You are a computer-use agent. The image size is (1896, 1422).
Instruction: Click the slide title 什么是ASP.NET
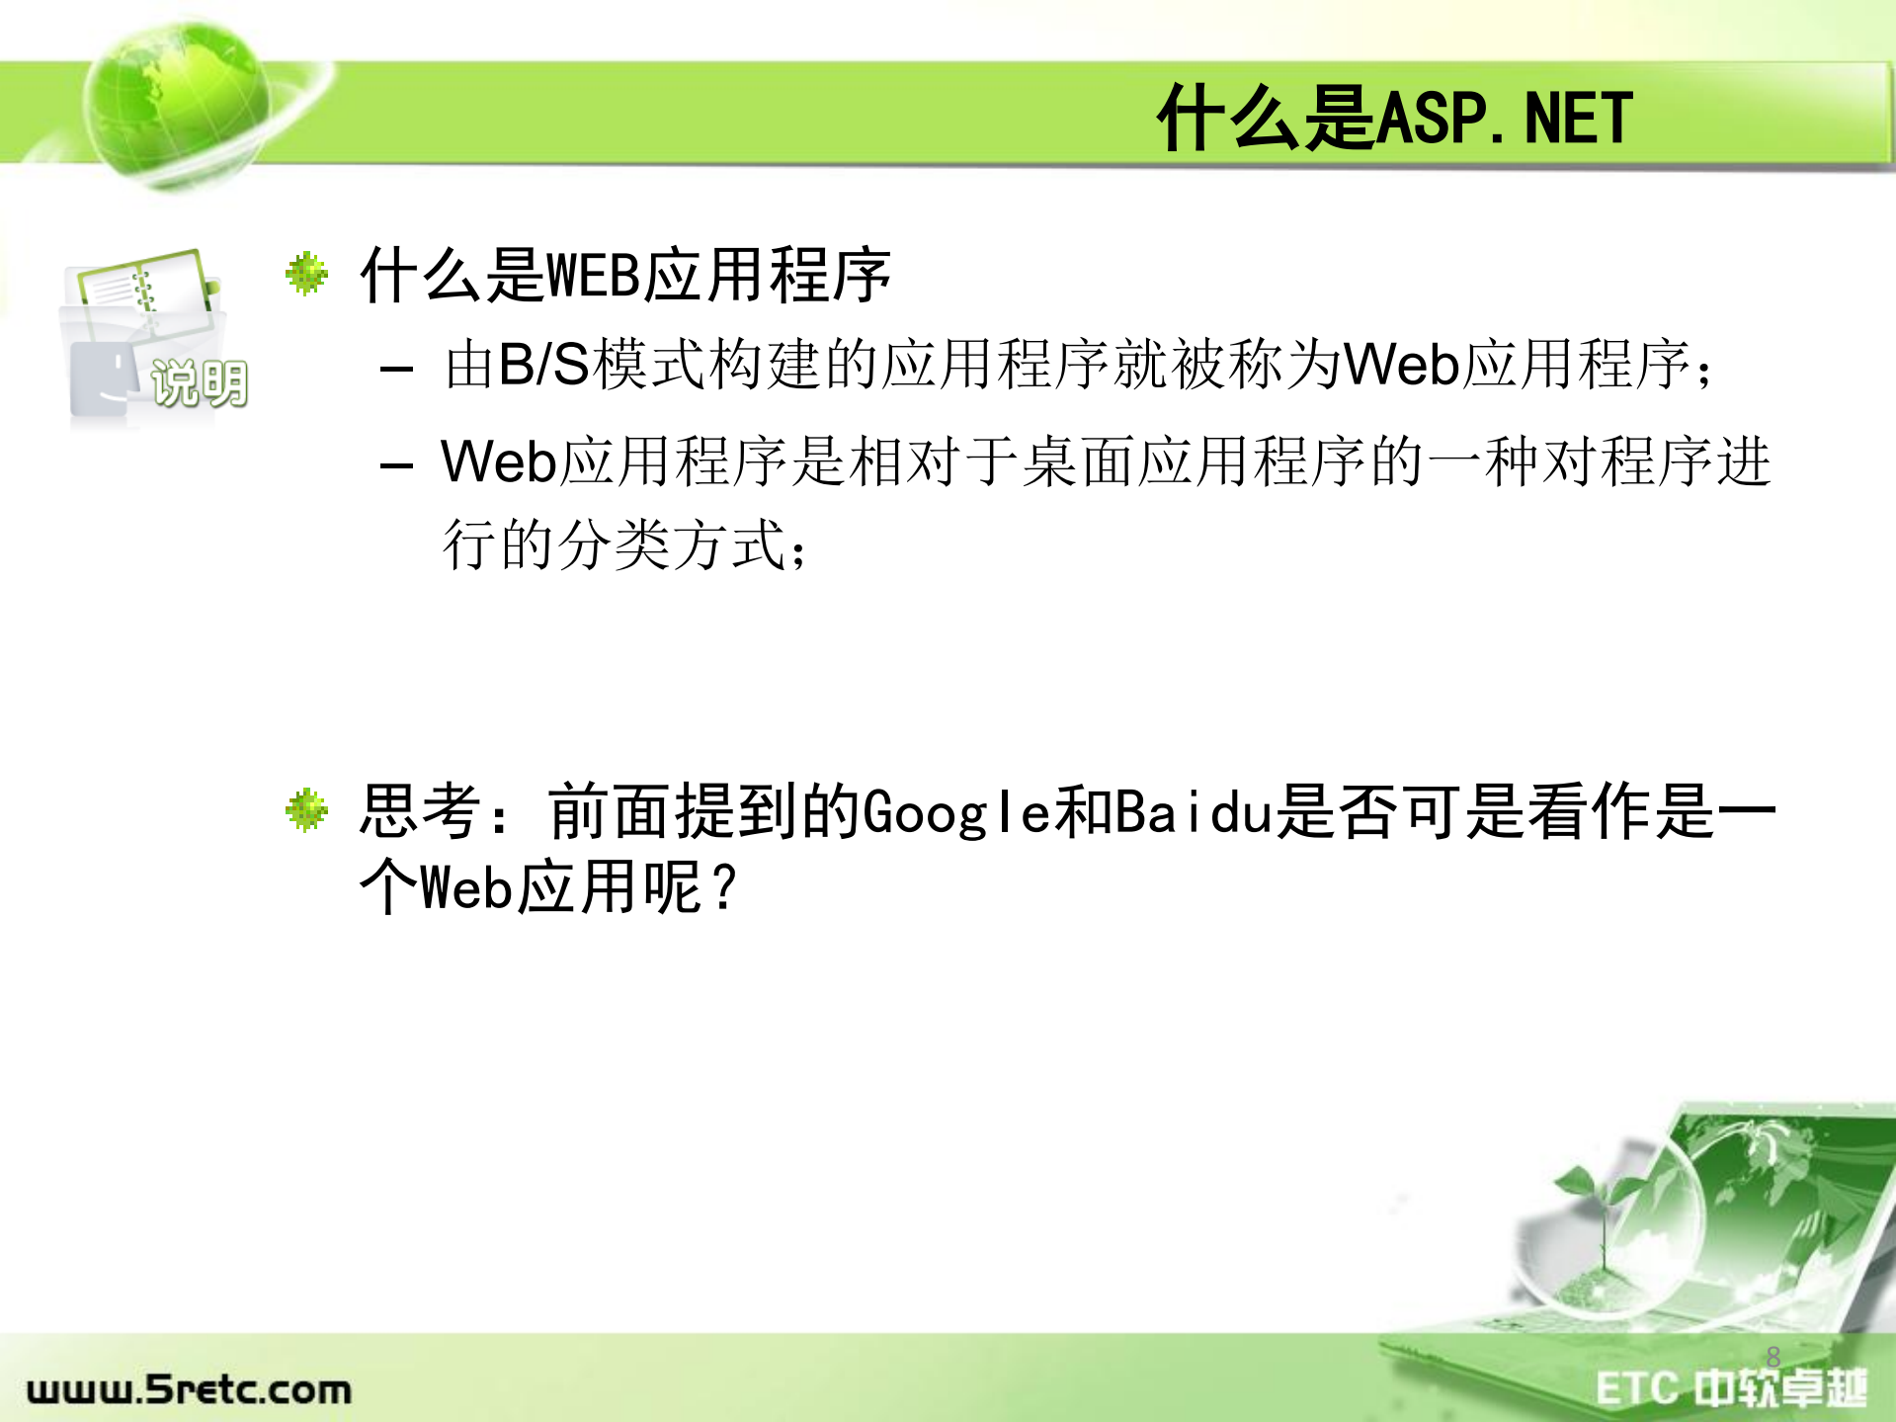[x=1393, y=119]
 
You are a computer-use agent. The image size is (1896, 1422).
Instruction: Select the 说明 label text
[x=199, y=383]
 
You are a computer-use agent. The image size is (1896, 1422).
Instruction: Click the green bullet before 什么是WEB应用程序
[x=306, y=274]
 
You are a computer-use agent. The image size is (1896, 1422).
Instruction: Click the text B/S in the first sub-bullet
[x=543, y=365]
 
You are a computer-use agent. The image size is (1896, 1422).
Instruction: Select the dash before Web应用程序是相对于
[x=396, y=464]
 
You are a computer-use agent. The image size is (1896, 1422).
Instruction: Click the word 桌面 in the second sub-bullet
[x=1079, y=462]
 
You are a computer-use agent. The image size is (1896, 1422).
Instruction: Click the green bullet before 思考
[x=306, y=810]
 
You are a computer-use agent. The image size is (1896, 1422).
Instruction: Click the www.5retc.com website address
[x=189, y=1389]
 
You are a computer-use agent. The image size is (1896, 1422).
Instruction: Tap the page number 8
[x=1772, y=1357]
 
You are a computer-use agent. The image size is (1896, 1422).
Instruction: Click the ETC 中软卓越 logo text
[x=1730, y=1388]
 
